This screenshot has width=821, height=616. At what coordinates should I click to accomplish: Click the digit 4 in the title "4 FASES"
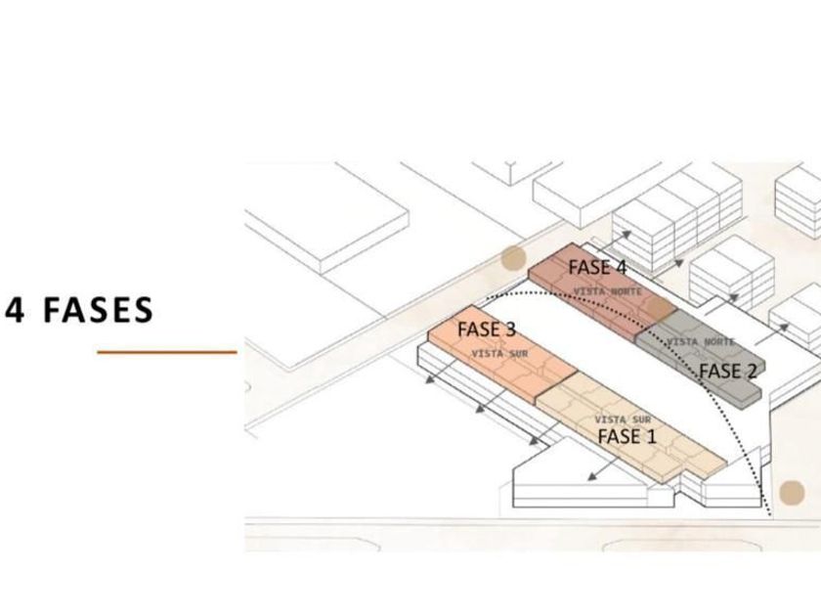tap(15, 310)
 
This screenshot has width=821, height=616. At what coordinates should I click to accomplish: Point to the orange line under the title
tap(167, 352)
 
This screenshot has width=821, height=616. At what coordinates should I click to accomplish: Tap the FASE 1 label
tap(627, 436)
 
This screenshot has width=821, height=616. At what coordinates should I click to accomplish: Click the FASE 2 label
tap(727, 372)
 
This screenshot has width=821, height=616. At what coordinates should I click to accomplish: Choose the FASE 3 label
tap(486, 330)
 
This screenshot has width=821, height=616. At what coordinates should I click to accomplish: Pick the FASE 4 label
tap(597, 267)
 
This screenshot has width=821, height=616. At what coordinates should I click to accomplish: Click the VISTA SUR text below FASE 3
tap(499, 353)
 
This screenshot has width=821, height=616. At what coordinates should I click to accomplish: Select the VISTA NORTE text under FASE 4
tap(607, 291)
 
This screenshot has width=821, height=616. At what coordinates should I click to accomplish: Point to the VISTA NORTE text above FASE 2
tap(701, 342)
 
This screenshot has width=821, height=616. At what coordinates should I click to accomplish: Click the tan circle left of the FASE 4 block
tap(513, 259)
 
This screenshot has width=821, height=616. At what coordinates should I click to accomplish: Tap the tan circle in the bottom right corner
tap(792, 492)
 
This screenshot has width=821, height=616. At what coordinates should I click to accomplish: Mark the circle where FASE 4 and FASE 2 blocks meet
tap(661, 310)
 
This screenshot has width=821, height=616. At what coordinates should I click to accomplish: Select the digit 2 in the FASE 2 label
tap(751, 372)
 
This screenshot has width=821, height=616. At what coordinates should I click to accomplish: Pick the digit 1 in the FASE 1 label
tap(651, 436)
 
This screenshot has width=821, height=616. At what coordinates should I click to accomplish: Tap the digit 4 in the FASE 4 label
tap(621, 267)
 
